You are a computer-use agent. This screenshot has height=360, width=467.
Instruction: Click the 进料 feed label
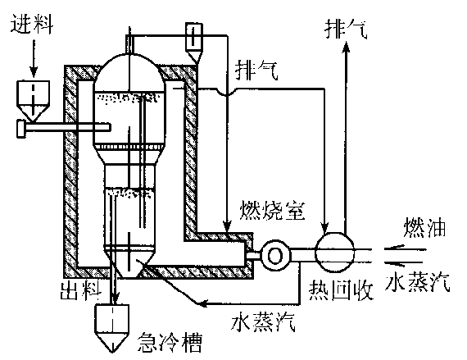(x=32, y=23)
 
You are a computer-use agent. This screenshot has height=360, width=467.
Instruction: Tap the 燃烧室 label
(x=273, y=211)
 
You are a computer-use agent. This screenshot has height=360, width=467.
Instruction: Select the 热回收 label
(x=341, y=290)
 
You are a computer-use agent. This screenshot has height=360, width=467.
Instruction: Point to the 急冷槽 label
(x=170, y=343)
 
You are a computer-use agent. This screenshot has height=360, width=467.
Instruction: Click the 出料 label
(x=81, y=290)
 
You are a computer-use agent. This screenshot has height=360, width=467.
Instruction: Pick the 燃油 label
(x=424, y=228)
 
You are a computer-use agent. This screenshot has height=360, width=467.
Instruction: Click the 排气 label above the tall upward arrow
(x=346, y=30)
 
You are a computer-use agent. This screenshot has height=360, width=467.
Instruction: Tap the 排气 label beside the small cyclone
(x=256, y=71)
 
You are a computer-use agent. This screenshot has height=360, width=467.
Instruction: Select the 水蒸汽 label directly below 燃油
(x=417, y=281)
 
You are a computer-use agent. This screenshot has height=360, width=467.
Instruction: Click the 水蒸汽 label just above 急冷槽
(x=263, y=321)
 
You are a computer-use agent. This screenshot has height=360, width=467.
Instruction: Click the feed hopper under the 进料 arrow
(x=33, y=101)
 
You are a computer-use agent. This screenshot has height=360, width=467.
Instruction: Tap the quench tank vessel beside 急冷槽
(x=112, y=328)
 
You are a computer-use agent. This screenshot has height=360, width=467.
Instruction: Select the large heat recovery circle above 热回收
(x=335, y=253)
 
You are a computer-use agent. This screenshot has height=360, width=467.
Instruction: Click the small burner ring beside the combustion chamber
(x=275, y=256)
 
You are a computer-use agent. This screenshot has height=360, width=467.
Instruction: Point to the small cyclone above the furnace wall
(x=194, y=43)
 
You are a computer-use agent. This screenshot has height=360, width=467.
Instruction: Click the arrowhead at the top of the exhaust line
(x=346, y=47)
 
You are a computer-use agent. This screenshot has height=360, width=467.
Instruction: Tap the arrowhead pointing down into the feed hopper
(x=34, y=71)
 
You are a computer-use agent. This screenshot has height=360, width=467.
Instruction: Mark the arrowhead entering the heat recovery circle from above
(x=325, y=227)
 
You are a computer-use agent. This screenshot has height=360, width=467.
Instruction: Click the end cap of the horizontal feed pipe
(x=21, y=129)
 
